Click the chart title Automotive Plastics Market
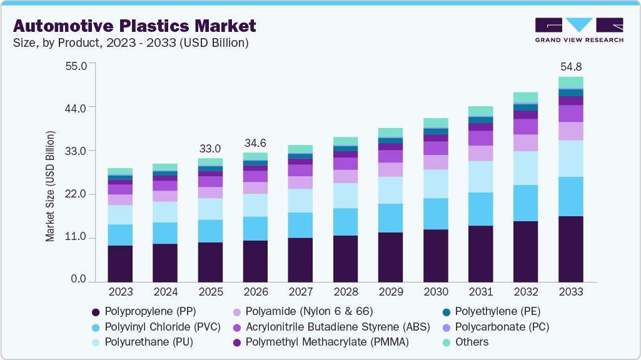(134, 26)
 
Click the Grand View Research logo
(578, 30)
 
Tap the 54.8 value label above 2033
(570, 66)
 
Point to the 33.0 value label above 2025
(210, 149)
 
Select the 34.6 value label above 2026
(255, 143)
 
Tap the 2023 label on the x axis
(120, 292)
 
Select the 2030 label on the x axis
(435, 292)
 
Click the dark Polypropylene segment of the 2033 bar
(570, 249)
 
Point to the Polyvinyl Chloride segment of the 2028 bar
(345, 222)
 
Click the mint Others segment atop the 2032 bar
(525, 97)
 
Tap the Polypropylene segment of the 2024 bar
(165, 262)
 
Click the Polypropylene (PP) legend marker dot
(96, 312)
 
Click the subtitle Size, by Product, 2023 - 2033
(131, 43)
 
